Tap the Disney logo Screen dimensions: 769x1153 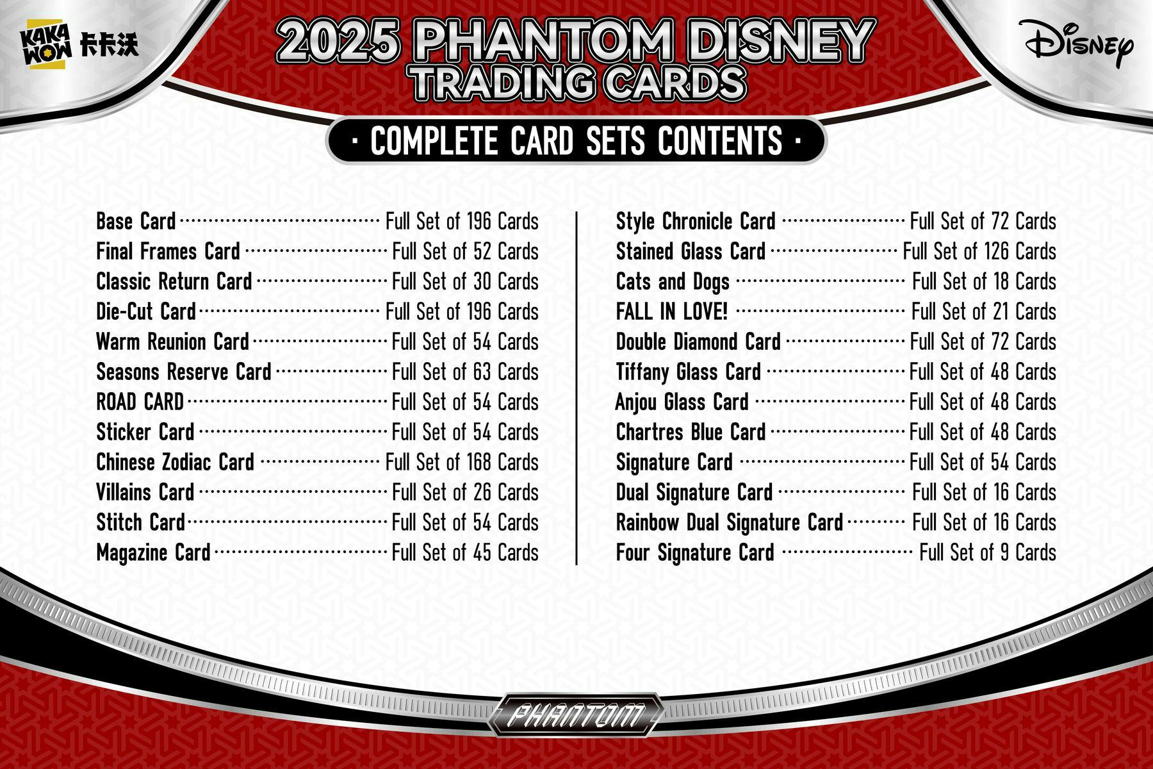click(1079, 42)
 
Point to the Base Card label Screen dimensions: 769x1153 click(136, 222)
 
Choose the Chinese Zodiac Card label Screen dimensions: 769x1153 click(175, 463)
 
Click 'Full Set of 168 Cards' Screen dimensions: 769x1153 click(462, 463)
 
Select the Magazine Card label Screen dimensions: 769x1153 click(153, 553)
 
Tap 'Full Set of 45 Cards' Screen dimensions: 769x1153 click(465, 553)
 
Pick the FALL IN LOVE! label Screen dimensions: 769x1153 click(671, 312)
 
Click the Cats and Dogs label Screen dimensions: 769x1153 click(673, 282)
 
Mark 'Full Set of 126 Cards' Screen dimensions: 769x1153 click(979, 252)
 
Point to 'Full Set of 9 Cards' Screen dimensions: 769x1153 click(988, 553)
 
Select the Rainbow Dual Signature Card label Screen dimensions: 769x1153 click(729, 523)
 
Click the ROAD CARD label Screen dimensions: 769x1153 click(140, 402)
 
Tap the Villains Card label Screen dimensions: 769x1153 click(145, 493)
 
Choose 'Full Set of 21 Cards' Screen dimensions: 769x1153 click(983, 312)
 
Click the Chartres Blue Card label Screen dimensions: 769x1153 click(691, 433)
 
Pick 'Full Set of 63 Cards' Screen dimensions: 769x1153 click(465, 372)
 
